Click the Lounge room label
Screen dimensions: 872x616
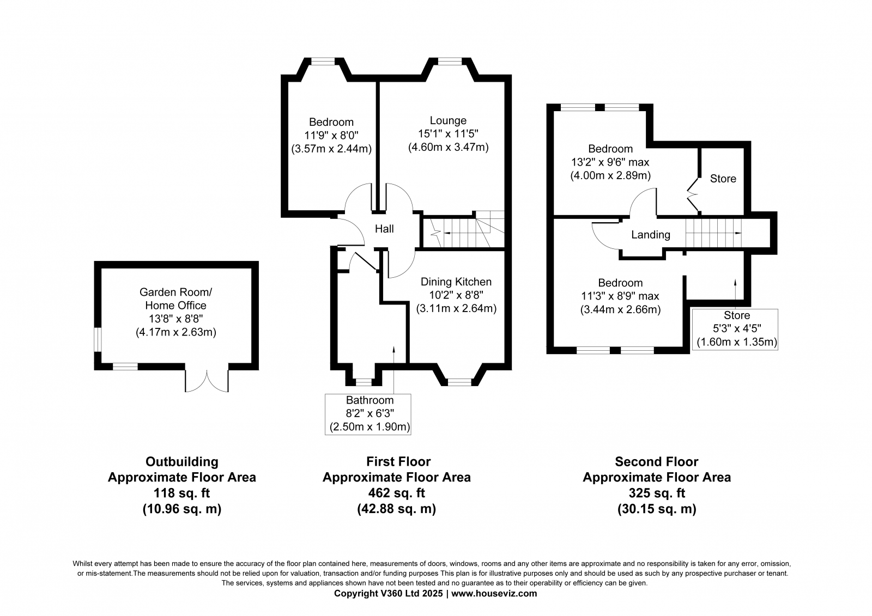click(448, 120)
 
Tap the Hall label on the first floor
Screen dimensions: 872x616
click(384, 229)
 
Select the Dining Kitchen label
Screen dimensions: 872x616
click(456, 282)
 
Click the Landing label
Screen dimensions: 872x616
click(651, 235)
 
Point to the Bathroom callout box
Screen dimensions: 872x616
click(368, 414)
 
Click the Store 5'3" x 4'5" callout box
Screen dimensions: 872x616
click(735, 329)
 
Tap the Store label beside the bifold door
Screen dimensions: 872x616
click(723, 179)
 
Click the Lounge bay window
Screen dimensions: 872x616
click(450, 61)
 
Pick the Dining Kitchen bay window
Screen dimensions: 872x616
click(459, 382)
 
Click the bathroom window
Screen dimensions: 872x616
click(364, 382)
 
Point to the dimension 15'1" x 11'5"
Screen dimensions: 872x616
click(448, 134)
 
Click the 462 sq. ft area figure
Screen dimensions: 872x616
click(396, 493)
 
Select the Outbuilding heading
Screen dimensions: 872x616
click(182, 461)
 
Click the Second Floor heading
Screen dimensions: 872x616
click(656, 461)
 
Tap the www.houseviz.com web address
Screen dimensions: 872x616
click(494, 594)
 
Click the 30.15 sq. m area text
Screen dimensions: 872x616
click(657, 509)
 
